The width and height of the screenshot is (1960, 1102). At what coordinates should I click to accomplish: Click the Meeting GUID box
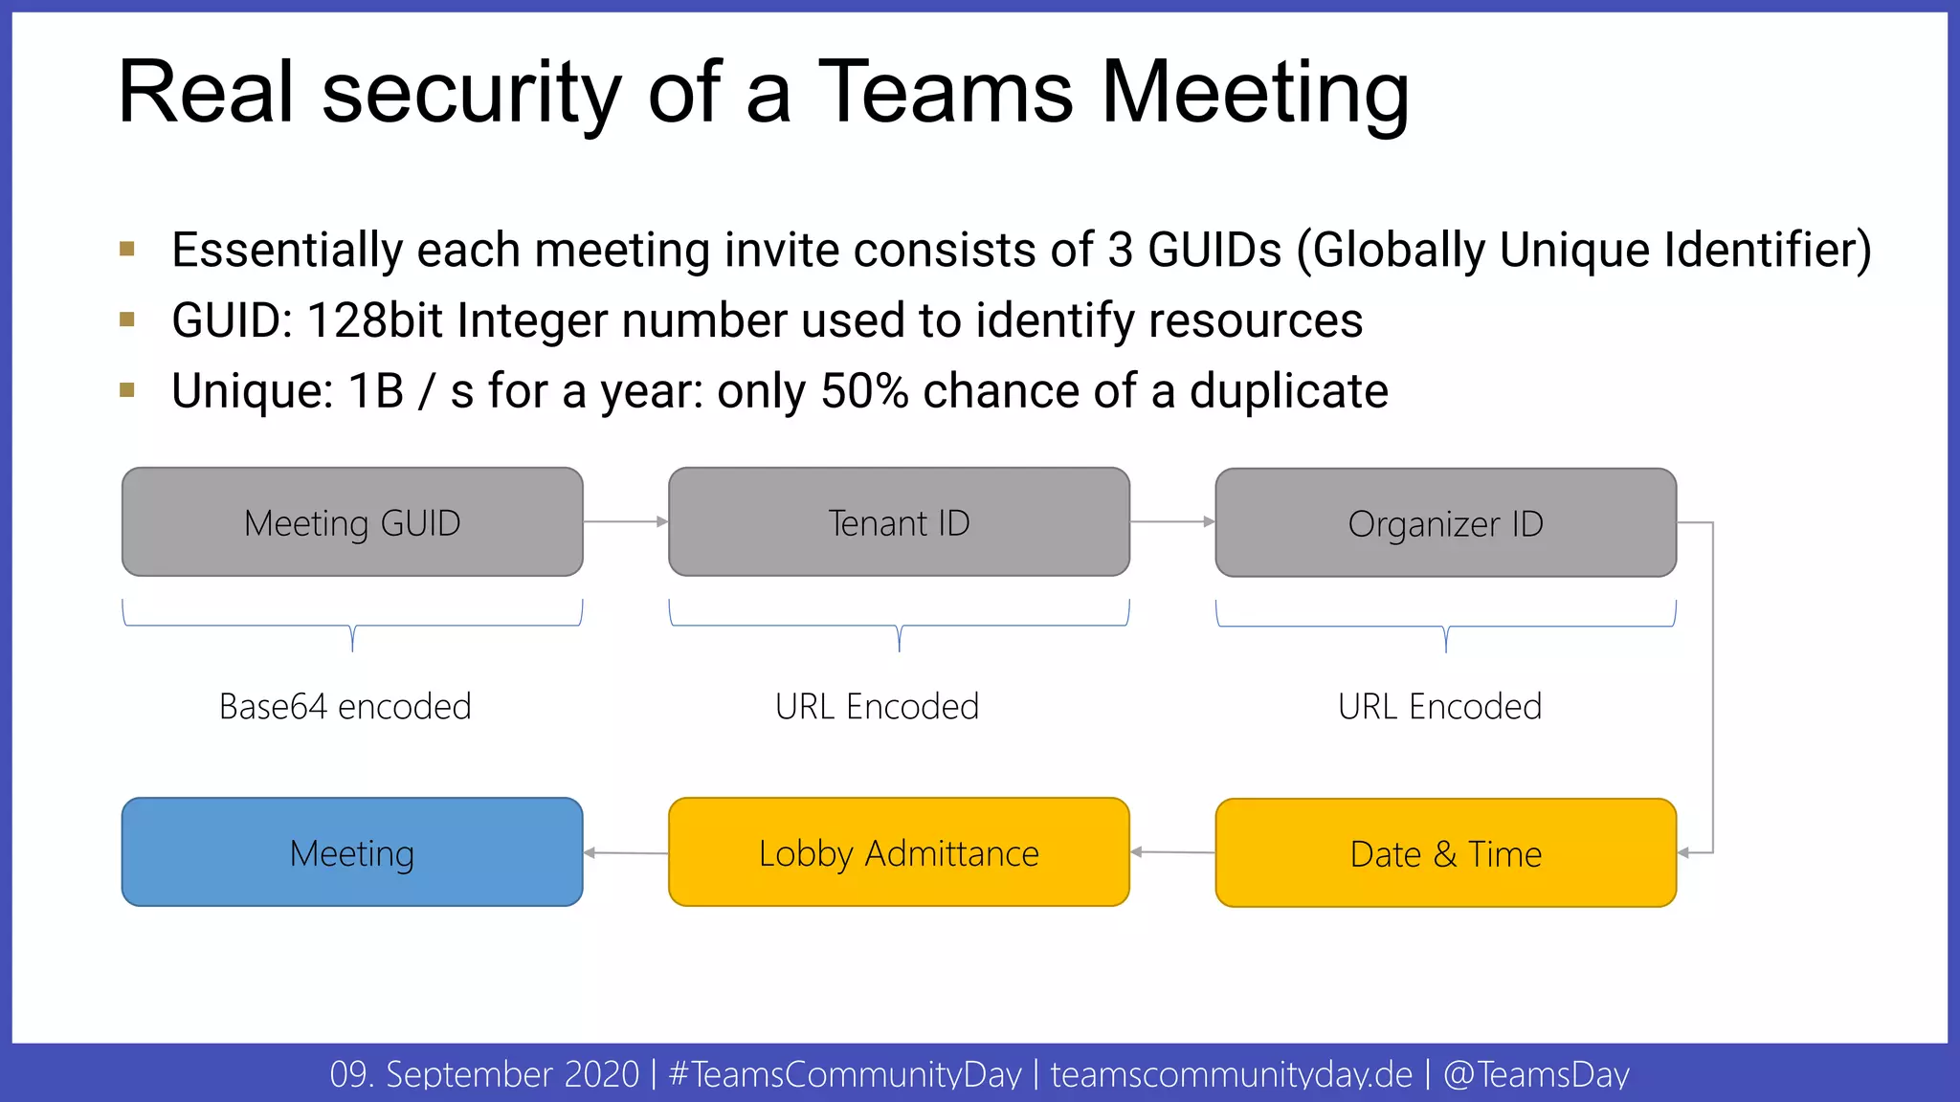pyautogui.click(x=352, y=522)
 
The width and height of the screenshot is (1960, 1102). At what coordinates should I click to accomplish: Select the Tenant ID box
pyautogui.click(x=899, y=522)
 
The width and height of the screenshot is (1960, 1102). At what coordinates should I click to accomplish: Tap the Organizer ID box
pyautogui.click(x=1445, y=523)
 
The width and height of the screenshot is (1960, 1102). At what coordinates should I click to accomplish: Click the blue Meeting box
pyautogui.click(x=352, y=852)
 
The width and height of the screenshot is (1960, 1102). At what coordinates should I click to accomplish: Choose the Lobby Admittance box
pyautogui.click(x=899, y=852)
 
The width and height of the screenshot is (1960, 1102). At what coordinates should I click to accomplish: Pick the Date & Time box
pyautogui.click(x=1445, y=853)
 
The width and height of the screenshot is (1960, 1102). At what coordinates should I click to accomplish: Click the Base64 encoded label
pyautogui.click(x=345, y=707)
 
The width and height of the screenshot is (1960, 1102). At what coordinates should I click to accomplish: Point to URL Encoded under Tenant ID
pyautogui.click(x=877, y=707)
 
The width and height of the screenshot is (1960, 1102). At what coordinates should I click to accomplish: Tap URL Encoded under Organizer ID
pyautogui.click(x=1439, y=707)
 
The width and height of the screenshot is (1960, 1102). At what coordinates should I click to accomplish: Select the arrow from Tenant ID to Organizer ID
pyautogui.click(x=1172, y=521)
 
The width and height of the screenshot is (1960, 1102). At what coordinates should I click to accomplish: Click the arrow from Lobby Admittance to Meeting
pyautogui.click(x=626, y=852)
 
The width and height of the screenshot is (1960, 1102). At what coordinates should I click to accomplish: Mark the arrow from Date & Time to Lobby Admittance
pyautogui.click(x=1172, y=851)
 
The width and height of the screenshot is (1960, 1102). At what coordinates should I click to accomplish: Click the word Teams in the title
pyautogui.click(x=946, y=93)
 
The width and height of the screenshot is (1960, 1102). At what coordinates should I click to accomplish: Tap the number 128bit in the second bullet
pyautogui.click(x=374, y=320)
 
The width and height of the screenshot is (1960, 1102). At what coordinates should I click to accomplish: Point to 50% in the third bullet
pyautogui.click(x=864, y=391)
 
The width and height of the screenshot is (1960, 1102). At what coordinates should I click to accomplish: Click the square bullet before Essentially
pyautogui.click(x=127, y=250)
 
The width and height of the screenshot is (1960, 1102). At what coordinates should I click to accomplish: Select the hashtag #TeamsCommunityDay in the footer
pyautogui.click(x=845, y=1074)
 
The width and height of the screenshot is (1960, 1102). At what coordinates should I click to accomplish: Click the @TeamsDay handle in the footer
pyautogui.click(x=1536, y=1074)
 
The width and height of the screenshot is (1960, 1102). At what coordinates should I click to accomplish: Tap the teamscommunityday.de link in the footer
pyautogui.click(x=1231, y=1074)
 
